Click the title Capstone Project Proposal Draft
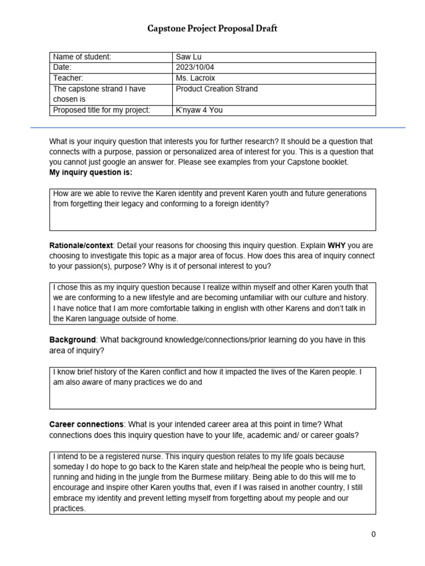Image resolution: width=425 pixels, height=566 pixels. [212, 29]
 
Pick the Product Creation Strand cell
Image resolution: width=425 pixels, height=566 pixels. [216, 89]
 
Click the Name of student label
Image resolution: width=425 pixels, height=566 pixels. [82, 57]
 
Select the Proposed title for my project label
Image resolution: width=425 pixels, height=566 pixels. [101, 110]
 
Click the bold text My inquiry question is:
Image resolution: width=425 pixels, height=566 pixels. [91, 172]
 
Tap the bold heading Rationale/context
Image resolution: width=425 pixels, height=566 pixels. [81, 245]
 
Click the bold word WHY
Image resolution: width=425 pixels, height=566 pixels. [338, 245]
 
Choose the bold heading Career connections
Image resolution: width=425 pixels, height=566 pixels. [86, 424]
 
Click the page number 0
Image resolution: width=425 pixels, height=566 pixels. [374, 534]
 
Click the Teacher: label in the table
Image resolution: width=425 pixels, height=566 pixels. [68, 78]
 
